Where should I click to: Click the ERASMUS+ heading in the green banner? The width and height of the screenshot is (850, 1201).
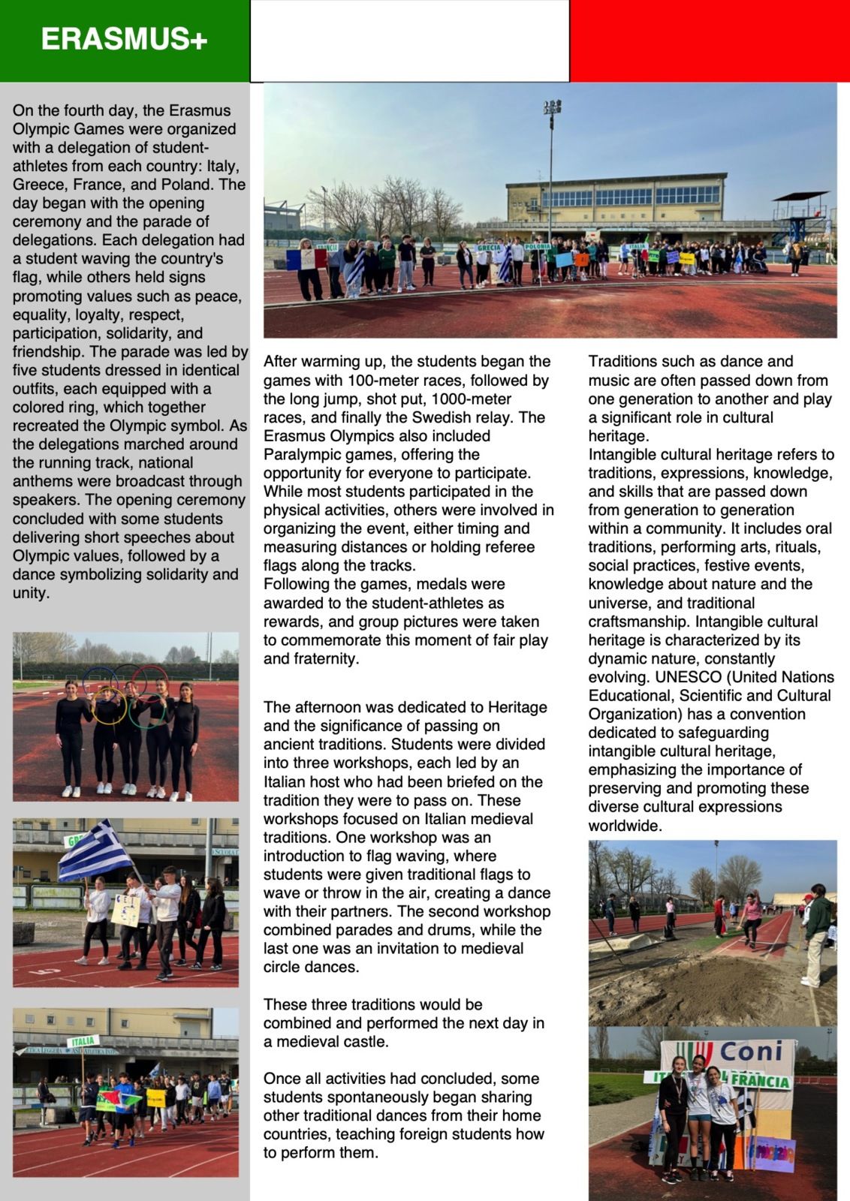coord(124,39)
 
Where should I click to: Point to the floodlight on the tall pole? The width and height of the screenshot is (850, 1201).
coord(552,107)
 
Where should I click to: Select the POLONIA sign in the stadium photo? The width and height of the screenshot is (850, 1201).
coord(538,246)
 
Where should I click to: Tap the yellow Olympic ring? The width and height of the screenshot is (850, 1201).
coord(108,706)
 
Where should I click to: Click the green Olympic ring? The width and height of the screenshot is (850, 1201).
coord(146,709)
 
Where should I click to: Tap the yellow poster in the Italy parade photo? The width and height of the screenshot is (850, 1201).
coord(155,1098)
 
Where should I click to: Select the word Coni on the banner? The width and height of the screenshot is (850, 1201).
coord(751,1052)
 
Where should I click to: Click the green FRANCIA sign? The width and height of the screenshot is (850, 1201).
coord(760,1081)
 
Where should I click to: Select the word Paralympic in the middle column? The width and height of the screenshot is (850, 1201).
coord(302,455)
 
